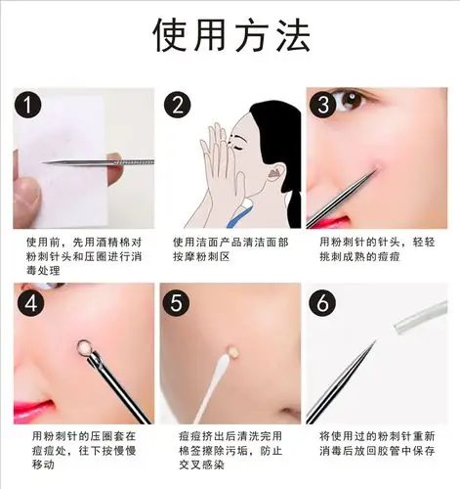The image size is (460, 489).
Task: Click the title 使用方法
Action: click(230, 36)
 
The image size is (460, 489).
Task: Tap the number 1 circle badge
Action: click(31, 106)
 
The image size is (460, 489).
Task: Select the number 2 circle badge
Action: click(179, 106)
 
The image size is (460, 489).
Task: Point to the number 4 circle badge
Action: click(31, 302)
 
